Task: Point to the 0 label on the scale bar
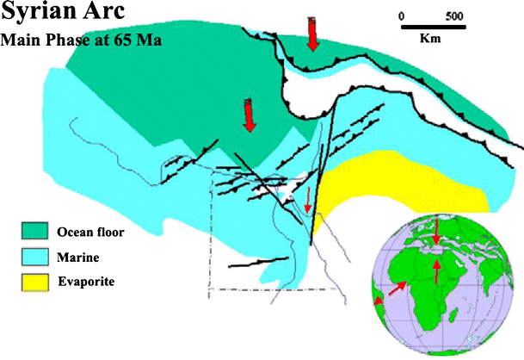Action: [402, 16]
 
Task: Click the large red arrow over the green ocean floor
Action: [250, 115]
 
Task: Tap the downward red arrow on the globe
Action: [438, 230]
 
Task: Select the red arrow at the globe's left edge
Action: [379, 299]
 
